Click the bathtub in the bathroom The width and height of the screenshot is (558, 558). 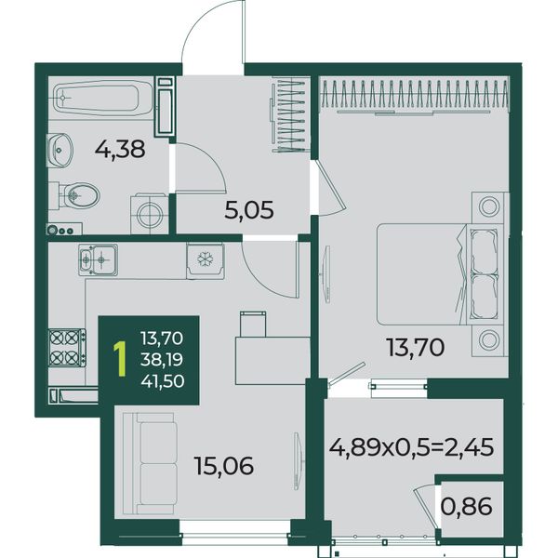(x=103, y=98)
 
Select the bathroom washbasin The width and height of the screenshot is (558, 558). (x=60, y=150)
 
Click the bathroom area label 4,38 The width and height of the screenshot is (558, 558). (x=120, y=149)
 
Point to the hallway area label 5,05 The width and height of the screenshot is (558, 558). (x=249, y=210)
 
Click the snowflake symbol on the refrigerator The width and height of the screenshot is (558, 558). (x=205, y=259)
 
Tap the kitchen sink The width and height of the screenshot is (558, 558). (x=99, y=259)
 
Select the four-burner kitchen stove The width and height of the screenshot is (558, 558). (x=67, y=348)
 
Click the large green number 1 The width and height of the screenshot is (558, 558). (x=120, y=359)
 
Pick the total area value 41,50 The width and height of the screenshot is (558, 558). (x=163, y=381)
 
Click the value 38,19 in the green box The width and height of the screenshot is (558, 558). (x=162, y=359)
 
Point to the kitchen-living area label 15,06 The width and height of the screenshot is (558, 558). (x=224, y=466)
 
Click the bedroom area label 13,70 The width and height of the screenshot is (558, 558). (x=416, y=347)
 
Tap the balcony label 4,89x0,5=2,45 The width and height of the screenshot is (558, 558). (x=411, y=447)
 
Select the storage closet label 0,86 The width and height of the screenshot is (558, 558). (x=467, y=507)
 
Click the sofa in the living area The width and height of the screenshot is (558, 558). (x=150, y=463)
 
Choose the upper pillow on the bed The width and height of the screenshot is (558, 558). (x=483, y=250)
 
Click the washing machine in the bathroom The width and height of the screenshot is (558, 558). (x=150, y=214)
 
